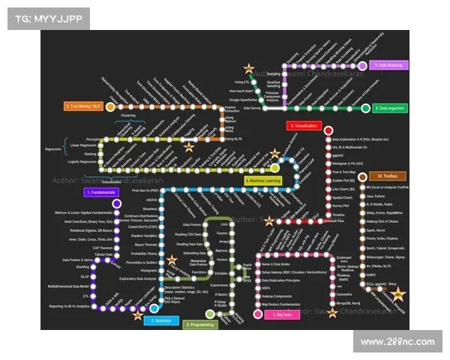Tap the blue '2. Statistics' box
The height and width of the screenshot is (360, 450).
pyautogui.click(x=160, y=321)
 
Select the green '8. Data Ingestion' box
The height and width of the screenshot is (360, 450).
pyautogui.click(x=390, y=109)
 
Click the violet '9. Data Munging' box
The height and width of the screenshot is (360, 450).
pyautogui.click(x=390, y=66)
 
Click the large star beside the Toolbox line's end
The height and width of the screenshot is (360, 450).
pyautogui.click(x=398, y=294)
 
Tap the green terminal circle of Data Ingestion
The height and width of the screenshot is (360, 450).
pyautogui.click(x=365, y=108)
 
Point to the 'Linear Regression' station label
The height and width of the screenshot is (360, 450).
pyautogui.click(x=84, y=145)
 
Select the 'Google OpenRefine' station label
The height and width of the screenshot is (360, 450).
pyautogui.click(x=244, y=100)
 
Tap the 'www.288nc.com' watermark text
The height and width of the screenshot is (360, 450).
pyautogui.click(x=397, y=342)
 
